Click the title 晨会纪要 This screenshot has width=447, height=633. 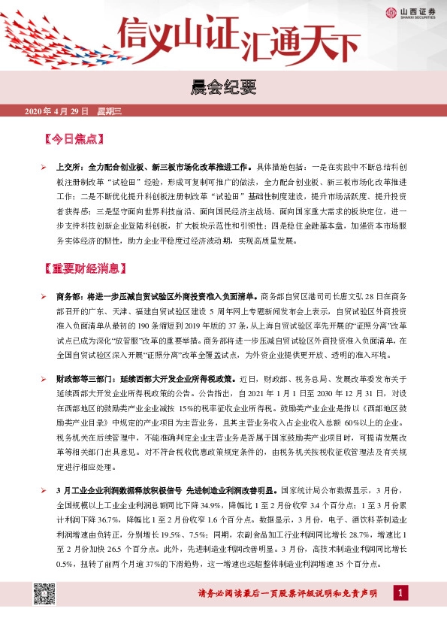223,87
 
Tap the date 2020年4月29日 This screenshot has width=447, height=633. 56,112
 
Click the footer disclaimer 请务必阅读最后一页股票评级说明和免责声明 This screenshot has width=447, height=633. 291,595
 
